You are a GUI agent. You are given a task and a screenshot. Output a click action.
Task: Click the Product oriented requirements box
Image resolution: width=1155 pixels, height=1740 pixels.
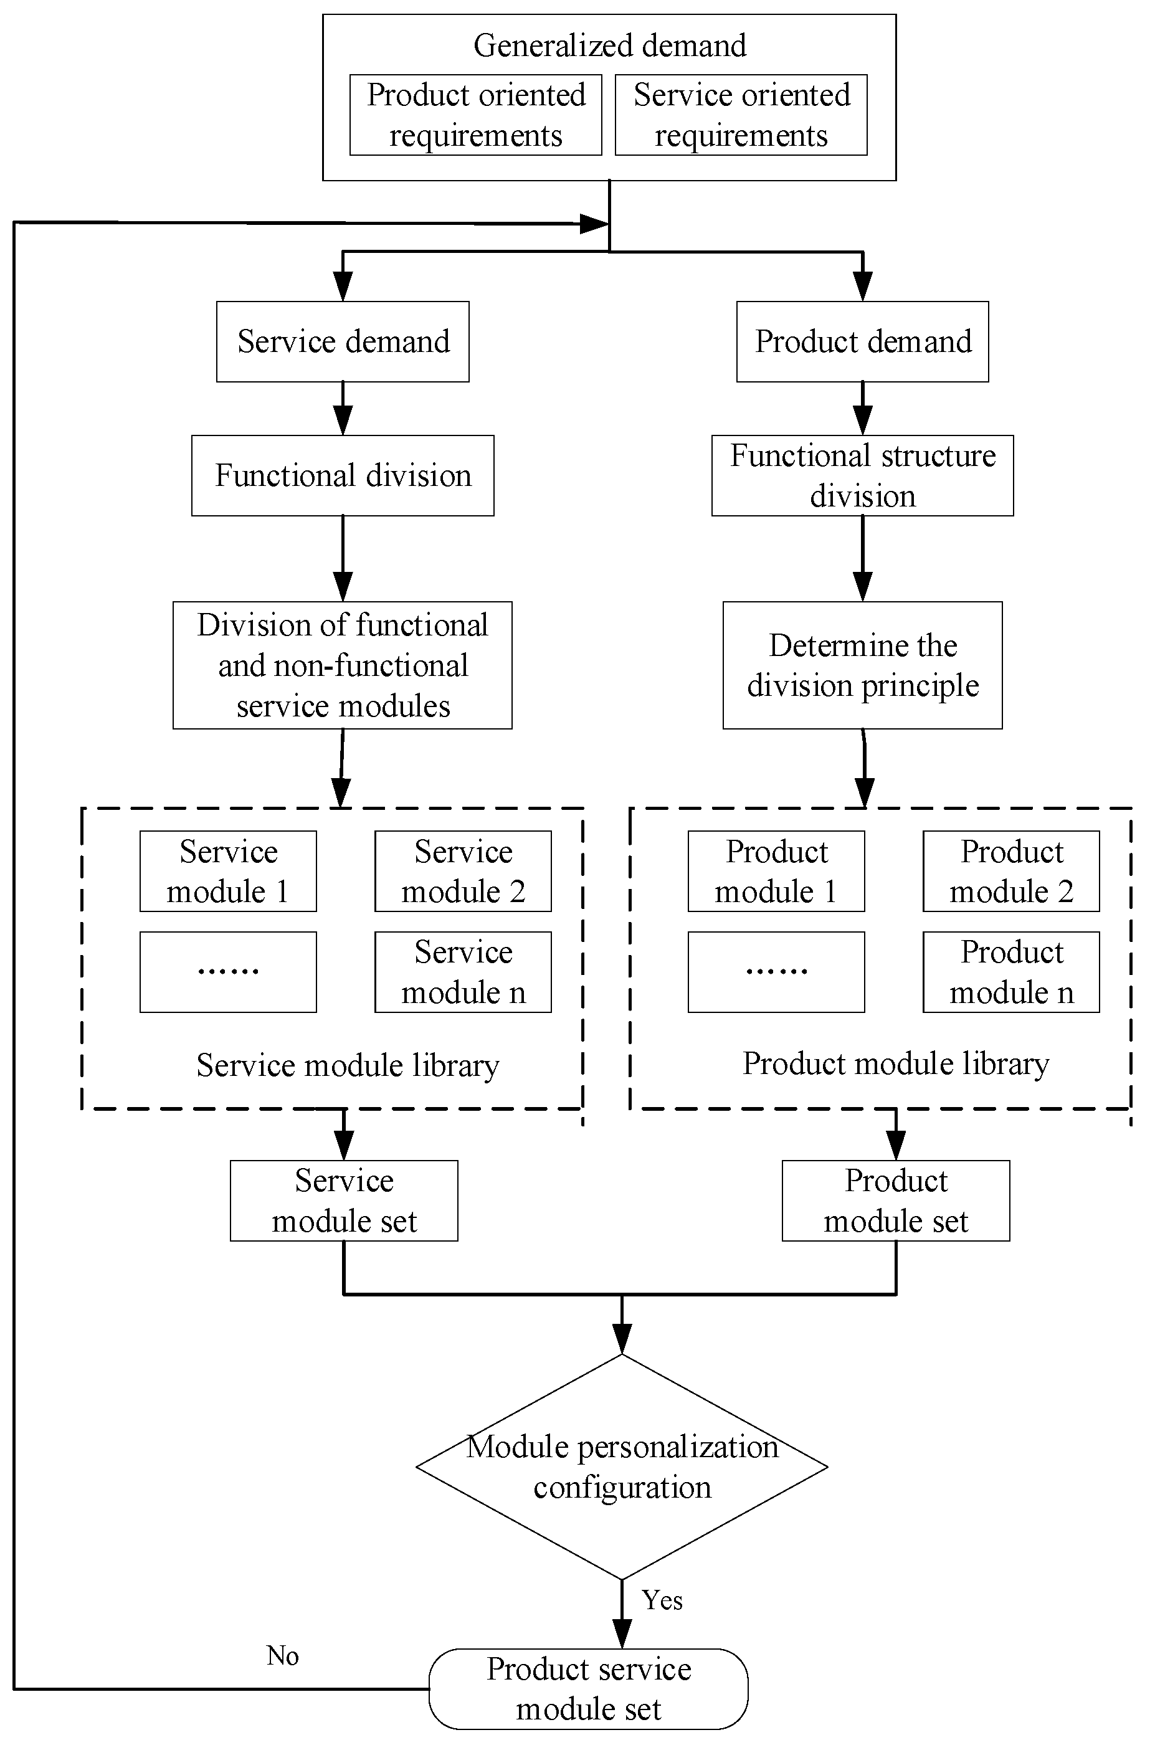[475, 115]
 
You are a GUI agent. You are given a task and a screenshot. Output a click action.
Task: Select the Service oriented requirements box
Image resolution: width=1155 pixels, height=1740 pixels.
[741, 115]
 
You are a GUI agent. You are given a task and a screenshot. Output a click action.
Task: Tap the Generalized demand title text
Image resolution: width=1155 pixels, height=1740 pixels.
[609, 45]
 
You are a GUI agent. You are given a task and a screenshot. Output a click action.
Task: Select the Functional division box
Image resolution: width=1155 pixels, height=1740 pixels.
[343, 476]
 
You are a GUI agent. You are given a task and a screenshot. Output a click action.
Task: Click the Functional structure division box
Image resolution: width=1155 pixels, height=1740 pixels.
[863, 476]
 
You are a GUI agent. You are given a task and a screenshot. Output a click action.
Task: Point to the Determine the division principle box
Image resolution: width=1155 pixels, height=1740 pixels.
[863, 665]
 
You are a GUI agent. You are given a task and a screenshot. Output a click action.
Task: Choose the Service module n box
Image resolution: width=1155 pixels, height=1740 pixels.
[463, 972]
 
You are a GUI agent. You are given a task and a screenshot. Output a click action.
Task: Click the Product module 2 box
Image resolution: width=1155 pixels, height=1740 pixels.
[1011, 872]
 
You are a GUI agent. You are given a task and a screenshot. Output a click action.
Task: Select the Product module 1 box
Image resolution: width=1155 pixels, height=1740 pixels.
[776, 872]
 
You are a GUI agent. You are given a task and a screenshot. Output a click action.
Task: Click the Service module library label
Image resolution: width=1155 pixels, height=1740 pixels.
[348, 1066]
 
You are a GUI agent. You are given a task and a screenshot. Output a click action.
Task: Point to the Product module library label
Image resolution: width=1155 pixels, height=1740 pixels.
[896, 1063]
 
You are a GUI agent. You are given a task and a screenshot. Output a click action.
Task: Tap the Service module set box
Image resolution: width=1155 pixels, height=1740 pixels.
[344, 1200]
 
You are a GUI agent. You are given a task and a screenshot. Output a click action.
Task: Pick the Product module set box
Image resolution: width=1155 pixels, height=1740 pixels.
[896, 1200]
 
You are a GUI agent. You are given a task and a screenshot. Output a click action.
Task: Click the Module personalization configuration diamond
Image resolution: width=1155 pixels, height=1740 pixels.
[622, 1466]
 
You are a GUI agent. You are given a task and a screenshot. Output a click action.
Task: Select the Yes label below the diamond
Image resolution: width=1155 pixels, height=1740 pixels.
[662, 1600]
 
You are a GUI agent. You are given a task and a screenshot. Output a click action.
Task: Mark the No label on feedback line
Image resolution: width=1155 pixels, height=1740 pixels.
[282, 1656]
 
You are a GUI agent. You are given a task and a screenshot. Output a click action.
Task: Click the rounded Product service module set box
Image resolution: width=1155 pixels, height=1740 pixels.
[589, 1688]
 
